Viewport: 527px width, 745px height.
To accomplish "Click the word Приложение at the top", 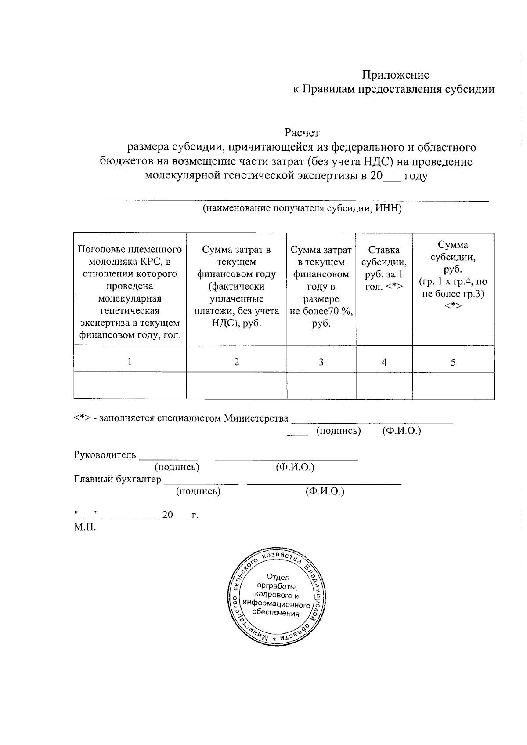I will (x=396, y=75).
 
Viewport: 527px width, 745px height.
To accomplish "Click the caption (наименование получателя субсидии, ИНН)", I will (x=302, y=208).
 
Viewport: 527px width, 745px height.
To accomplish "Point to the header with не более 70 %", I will (x=321, y=287).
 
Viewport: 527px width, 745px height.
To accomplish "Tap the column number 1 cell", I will (x=130, y=362).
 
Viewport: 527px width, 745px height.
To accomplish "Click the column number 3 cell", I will (x=321, y=362).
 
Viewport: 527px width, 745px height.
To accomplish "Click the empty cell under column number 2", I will (x=236, y=385).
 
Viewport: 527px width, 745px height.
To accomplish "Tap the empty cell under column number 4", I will (x=384, y=385).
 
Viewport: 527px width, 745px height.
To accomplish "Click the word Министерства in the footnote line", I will (x=256, y=418).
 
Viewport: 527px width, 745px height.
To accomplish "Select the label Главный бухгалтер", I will (x=117, y=479).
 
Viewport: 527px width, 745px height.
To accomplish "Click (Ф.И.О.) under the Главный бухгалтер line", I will (x=325, y=491).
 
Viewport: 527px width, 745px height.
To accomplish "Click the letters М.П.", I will (x=85, y=527).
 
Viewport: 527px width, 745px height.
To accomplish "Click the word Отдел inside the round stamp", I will (x=278, y=578).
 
